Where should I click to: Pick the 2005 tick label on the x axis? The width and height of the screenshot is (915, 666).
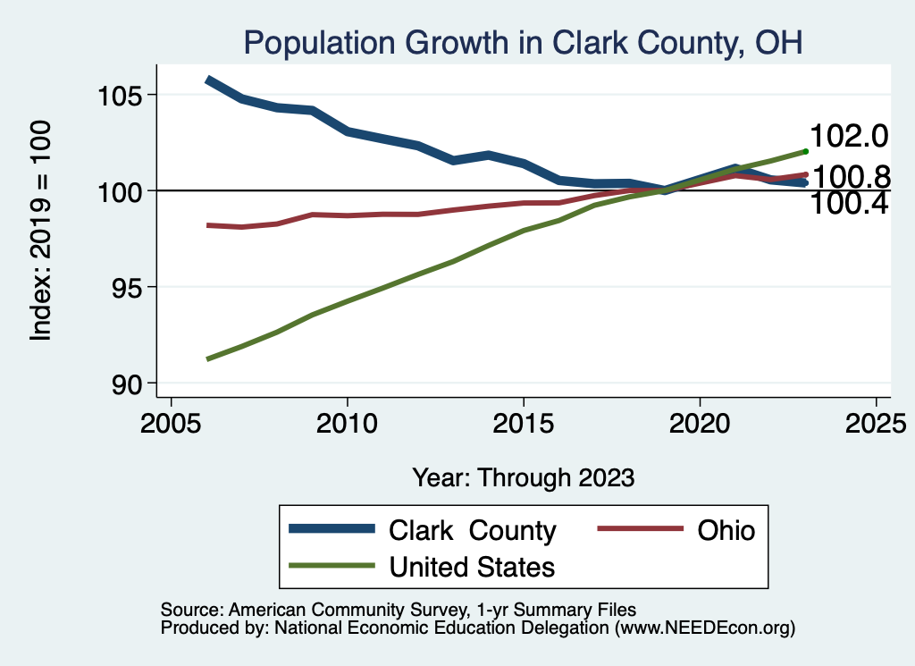coord(171,422)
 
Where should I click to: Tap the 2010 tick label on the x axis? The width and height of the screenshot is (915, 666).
coord(347,422)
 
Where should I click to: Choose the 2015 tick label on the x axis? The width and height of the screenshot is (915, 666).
coord(523,422)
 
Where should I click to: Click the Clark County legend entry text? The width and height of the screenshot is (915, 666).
coord(472,531)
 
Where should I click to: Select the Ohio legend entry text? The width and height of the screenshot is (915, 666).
coord(725,531)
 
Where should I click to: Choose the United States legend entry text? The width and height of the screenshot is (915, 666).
coord(472,567)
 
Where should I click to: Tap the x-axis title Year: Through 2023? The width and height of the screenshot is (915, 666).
coord(523,477)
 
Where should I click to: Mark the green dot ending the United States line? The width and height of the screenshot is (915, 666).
coord(805,151)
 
